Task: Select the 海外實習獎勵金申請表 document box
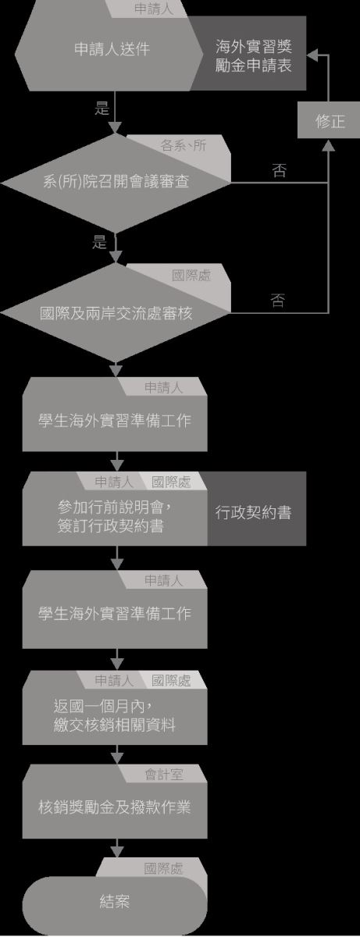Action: [x=253, y=54]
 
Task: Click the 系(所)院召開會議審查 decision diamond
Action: [x=116, y=183]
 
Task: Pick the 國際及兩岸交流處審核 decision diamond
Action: [x=116, y=313]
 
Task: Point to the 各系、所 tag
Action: [x=184, y=145]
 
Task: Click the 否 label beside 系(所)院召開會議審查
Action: [x=279, y=170]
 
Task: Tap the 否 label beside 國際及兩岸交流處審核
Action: [x=278, y=300]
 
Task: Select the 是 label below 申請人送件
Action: [x=102, y=108]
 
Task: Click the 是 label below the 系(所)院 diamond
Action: [x=99, y=241]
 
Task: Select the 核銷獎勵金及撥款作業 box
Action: [x=115, y=806]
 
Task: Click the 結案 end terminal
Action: [x=115, y=906]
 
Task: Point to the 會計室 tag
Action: [x=164, y=775]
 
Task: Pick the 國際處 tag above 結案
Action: [x=163, y=869]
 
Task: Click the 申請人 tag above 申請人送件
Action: [x=154, y=9]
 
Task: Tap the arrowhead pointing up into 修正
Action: [x=329, y=145]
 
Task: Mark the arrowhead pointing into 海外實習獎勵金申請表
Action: [x=312, y=55]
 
